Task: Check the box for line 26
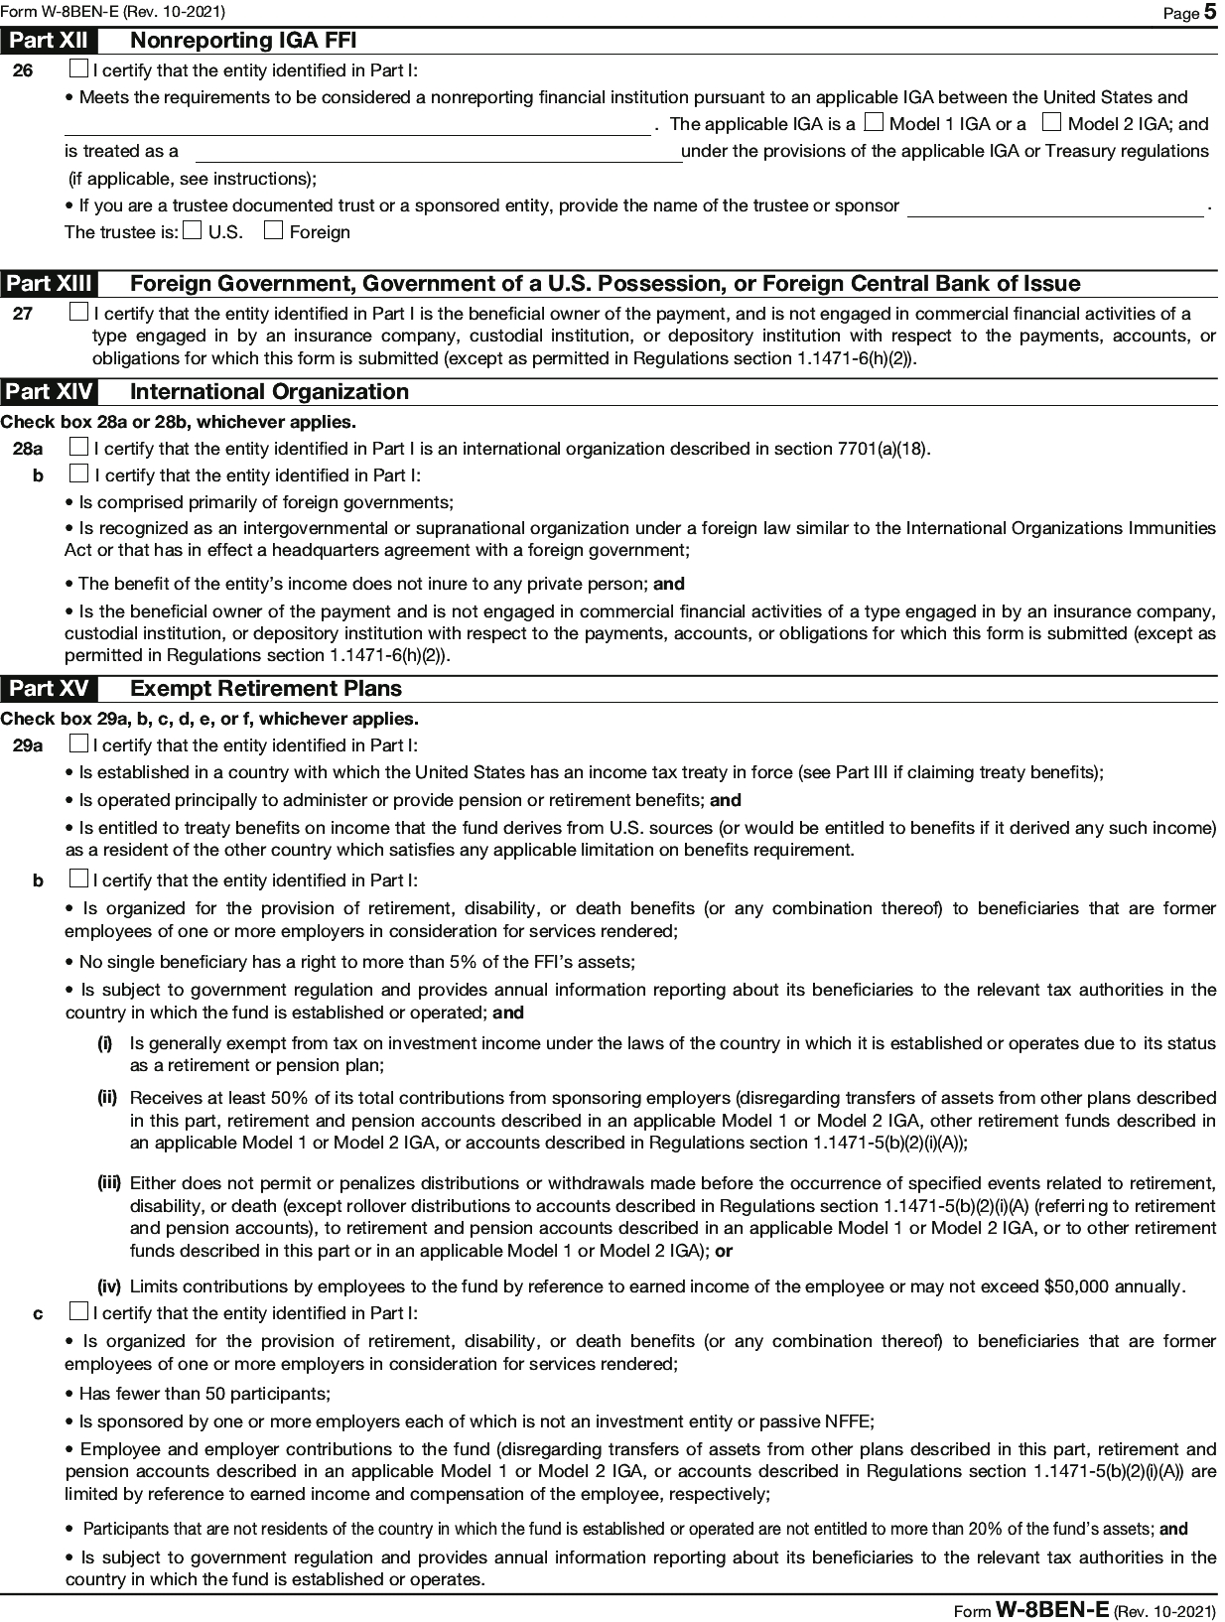click(79, 70)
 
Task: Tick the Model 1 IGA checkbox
click(873, 123)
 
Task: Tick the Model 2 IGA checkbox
click(1051, 123)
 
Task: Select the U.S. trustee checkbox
click(193, 231)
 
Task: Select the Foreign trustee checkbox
click(273, 231)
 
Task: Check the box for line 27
click(79, 313)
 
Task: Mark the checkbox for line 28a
click(79, 448)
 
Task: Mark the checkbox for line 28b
click(79, 474)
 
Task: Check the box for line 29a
click(79, 744)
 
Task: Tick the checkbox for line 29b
click(79, 879)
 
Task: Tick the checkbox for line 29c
click(79, 1312)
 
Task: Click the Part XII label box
click(49, 41)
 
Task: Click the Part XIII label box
click(49, 284)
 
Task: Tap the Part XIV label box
click(49, 392)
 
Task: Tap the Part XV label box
click(49, 689)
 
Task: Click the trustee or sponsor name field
click(1055, 206)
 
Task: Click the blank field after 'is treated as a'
click(437, 152)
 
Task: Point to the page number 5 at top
click(1210, 12)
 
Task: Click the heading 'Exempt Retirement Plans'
click(266, 689)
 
